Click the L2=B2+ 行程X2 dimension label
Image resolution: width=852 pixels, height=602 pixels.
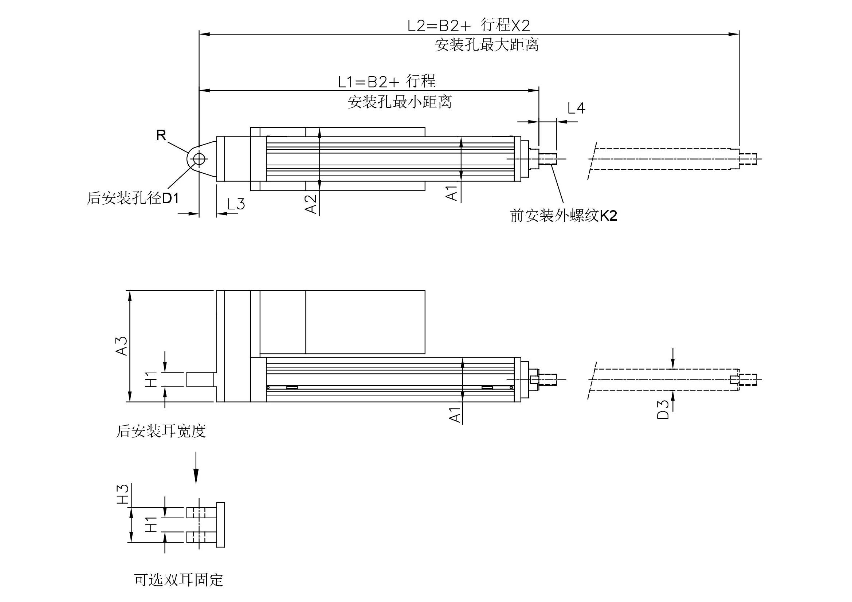pos(469,25)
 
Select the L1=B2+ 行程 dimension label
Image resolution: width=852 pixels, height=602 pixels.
pos(386,81)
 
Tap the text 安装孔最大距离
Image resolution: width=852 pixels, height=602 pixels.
pos(487,45)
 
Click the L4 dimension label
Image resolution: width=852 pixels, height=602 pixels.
pos(576,108)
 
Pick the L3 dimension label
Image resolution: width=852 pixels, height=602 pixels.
pos(236,204)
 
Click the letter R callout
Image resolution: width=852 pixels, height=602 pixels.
pos(161,135)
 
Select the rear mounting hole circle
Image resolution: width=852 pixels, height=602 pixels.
pos(199,159)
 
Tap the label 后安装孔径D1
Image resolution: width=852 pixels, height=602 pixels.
pos(133,198)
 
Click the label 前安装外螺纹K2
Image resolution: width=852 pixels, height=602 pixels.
pos(563,215)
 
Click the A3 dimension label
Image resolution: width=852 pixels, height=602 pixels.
pos(122,346)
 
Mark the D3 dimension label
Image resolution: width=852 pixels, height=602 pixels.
pos(663,409)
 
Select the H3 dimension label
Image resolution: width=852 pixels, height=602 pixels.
pos(123,494)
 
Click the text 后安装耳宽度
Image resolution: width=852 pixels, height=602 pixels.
pos(161,431)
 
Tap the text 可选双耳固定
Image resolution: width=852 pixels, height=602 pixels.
pos(178,580)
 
